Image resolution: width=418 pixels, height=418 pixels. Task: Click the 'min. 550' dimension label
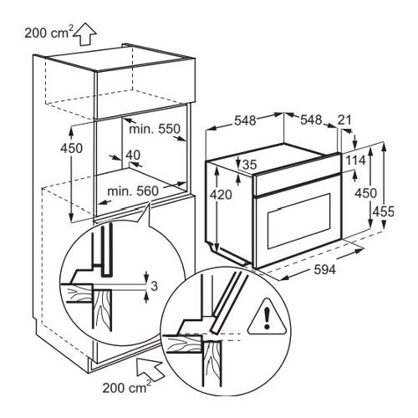[155, 129]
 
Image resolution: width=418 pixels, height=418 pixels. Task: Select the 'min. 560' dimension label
[133, 191]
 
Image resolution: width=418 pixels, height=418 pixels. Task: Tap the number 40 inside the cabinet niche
[133, 155]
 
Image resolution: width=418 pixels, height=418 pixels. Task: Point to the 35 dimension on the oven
[249, 165]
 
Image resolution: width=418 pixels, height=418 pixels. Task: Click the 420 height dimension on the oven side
[221, 195]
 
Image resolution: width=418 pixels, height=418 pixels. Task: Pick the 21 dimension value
[344, 120]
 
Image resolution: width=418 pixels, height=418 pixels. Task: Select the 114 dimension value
[355, 161]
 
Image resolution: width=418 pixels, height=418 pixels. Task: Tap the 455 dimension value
[384, 212]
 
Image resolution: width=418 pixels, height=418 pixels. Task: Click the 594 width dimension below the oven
[325, 269]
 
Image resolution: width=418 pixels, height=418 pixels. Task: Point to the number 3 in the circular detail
[154, 286]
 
